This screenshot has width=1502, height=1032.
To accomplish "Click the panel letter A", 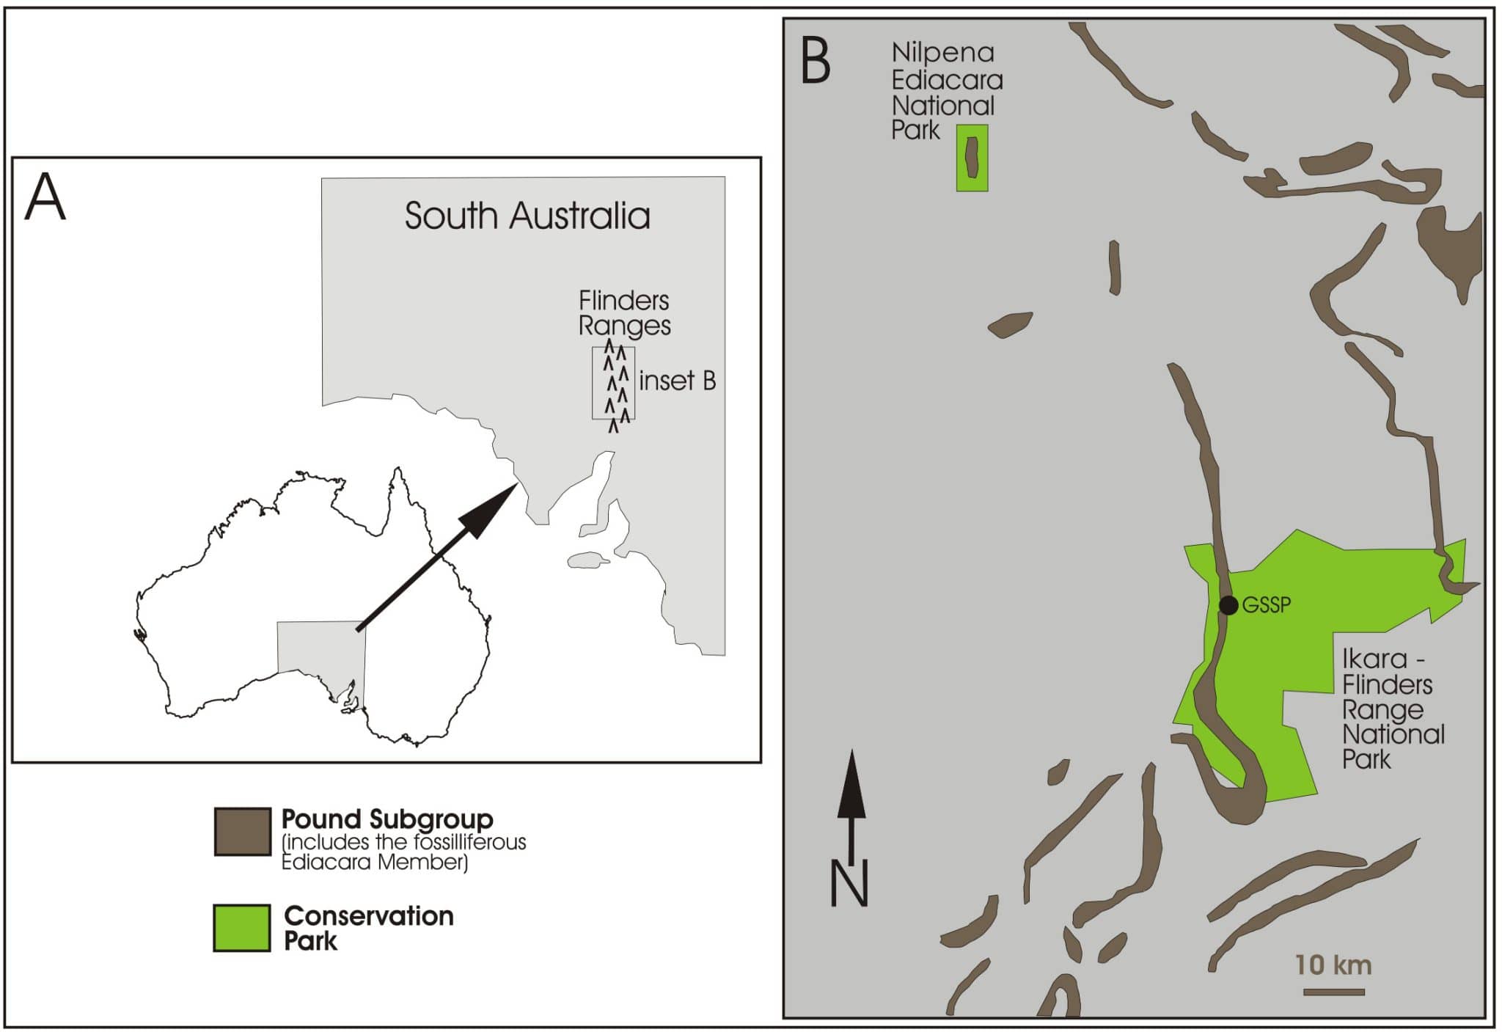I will pos(45,197).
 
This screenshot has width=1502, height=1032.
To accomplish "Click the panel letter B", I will pos(816,61).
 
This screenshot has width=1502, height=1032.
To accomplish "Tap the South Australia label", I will pos(527,216).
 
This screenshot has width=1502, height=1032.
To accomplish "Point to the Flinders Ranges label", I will pos(624,312).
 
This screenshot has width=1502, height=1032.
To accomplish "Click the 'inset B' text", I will pos(677,381).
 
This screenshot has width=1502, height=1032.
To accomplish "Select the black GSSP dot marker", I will pos(1228,605).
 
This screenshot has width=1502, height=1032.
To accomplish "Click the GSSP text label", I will pos(1267,605).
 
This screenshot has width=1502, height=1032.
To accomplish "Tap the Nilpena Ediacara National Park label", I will pos(946,92).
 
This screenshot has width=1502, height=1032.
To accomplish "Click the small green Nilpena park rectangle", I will pos(972,158).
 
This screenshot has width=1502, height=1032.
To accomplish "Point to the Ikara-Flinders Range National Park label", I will pos(1392,709).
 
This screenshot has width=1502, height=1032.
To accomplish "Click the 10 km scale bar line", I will pos(1333,992).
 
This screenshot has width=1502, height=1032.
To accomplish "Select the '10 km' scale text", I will pos(1333,965).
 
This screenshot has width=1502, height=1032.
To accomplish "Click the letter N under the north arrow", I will pos(849,884).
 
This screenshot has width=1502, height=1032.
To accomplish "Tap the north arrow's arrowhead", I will pos(851,785).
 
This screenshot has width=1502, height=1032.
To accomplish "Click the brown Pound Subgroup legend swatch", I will pos(242,832).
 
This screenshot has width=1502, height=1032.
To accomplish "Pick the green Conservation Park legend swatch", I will pos(241,928).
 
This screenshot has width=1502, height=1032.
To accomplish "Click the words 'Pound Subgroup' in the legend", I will pos(387,819).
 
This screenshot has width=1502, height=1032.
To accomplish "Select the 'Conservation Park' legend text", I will pos(368,928).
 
